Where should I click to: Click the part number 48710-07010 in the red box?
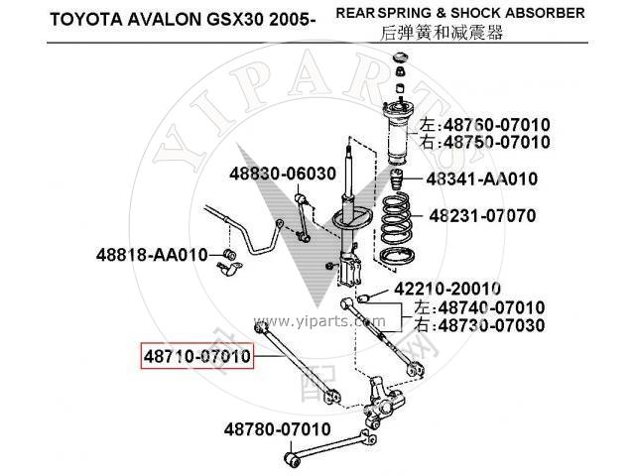[196, 353]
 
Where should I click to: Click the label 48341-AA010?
[482, 179]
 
